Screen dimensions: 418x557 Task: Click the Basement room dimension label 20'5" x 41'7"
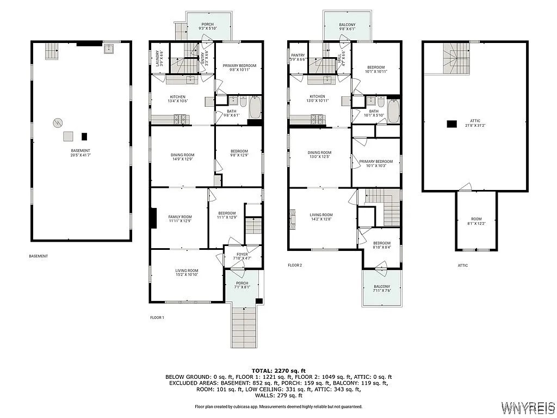tap(81, 153)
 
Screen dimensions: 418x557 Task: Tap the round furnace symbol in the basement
tap(57, 123)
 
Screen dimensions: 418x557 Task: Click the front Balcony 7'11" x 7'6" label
tap(381, 289)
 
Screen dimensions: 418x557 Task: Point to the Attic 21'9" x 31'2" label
tap(475, 124)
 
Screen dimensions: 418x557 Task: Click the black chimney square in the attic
tap(451, 124)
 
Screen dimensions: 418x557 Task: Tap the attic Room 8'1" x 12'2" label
tap(476, 220)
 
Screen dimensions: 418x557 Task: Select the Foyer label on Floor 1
tap(242, 256)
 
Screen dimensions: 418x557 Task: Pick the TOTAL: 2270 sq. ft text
tap(278, 370)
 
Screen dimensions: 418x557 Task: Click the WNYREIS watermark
tap(527, 407)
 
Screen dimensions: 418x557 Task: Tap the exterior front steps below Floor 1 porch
tap(243, 325)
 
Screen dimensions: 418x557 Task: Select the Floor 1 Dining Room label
tap(182, 157)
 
